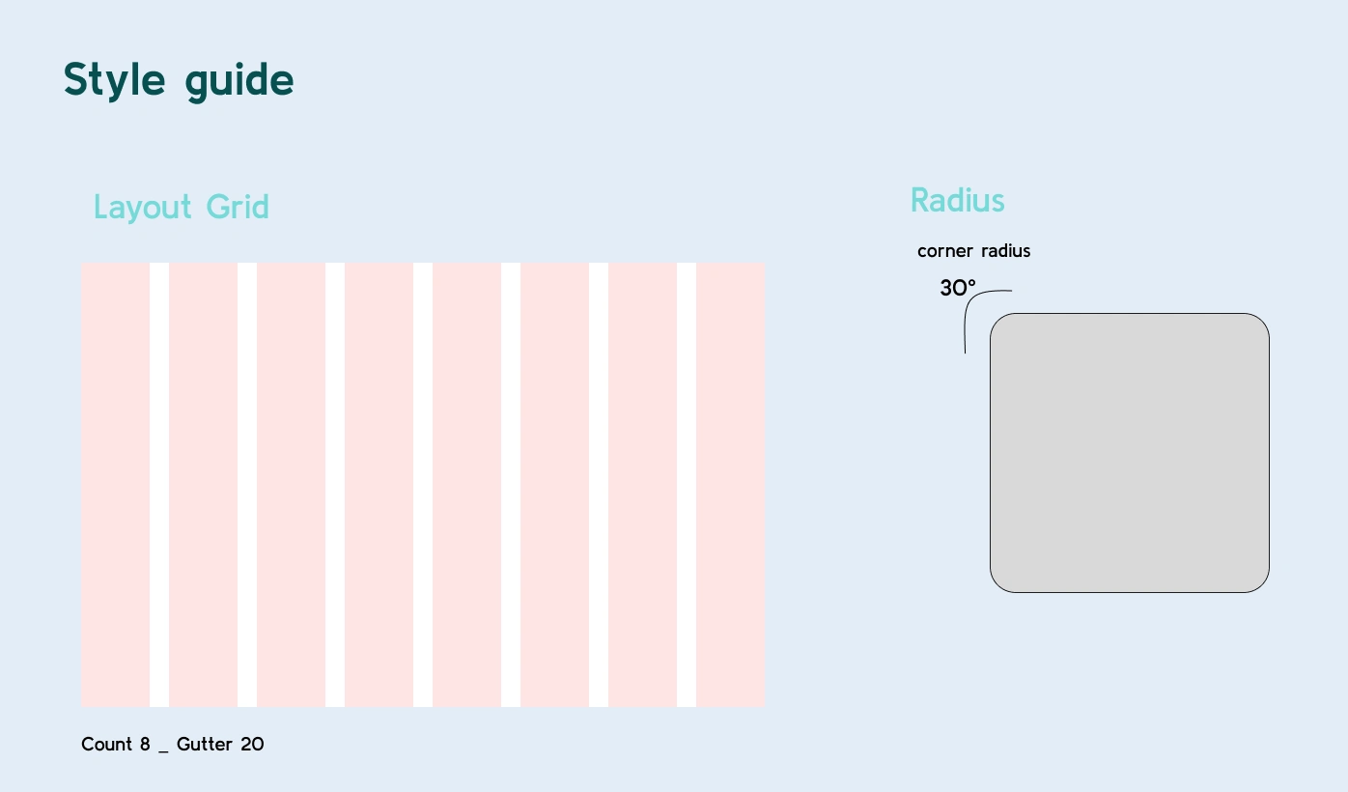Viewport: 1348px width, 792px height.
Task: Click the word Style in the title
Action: pyautogui.click(x=114, y=80)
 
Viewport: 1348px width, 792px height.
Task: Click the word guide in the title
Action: pyautogui.click(x=239, y=80)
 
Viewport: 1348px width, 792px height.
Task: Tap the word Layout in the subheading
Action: pyautogui.click(x=143, y=209)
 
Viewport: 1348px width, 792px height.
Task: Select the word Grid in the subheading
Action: pyautogui.click(x=238, y=207)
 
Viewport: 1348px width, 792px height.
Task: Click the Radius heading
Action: pyautogui.click(x=958, y=200)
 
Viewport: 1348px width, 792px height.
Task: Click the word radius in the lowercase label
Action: pyautogui.click(x=1005, y=250)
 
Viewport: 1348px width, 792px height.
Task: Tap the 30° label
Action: pyautogui.click(x=958, y=288)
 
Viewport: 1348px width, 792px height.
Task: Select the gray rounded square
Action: pyautogui.click(x=1130, y=453)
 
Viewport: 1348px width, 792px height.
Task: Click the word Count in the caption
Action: pyautogui.click(x=106, y=745)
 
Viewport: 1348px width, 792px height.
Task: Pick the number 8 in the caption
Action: pyautogui.click(x=145, y=745)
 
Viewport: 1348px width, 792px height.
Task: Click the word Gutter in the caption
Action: pyautogui.click(x=205, y=745)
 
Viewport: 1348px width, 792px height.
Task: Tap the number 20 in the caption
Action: pyautogui.click(x=252, y=745)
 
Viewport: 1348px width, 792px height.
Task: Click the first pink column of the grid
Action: pyautogui.click(x=116, y=485)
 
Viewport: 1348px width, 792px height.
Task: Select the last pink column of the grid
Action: pyautogui.click(x=731, y=485)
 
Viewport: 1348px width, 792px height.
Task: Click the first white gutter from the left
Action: pyautogui.click(x=159, y=485)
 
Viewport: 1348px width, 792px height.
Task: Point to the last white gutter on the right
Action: pyautogui.click(x=687, y=485)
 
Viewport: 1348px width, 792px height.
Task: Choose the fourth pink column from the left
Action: pyautogui.click(x=379, y=485)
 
